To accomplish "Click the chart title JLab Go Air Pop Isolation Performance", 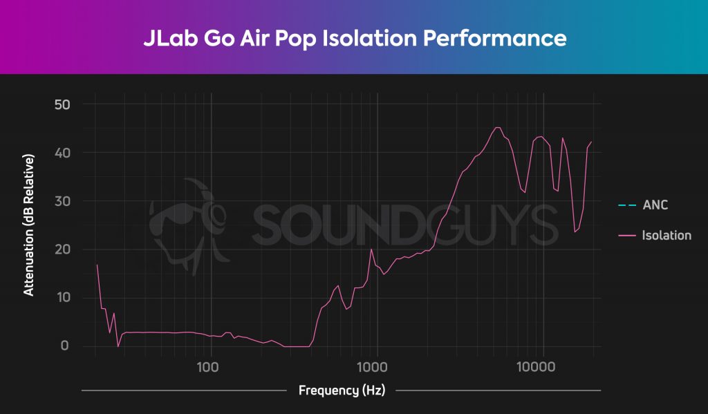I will tap(355, 37).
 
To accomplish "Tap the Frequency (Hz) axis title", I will tap(341, 391).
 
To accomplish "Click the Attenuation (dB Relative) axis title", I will tap(29, 225).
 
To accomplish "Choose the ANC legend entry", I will tap(655, 205).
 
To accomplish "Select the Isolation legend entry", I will tap(666, 236).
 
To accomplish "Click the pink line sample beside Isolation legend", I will tap(627, 236).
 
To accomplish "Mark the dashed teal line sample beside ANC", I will tap(627, 205).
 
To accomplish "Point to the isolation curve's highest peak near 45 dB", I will tap(496, 127).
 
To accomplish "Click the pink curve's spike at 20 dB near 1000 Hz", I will tap(371, 249).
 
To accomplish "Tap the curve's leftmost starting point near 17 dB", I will tap(97, 265).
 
